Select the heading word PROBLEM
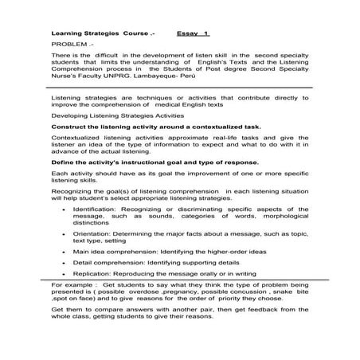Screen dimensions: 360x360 point(66,46)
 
